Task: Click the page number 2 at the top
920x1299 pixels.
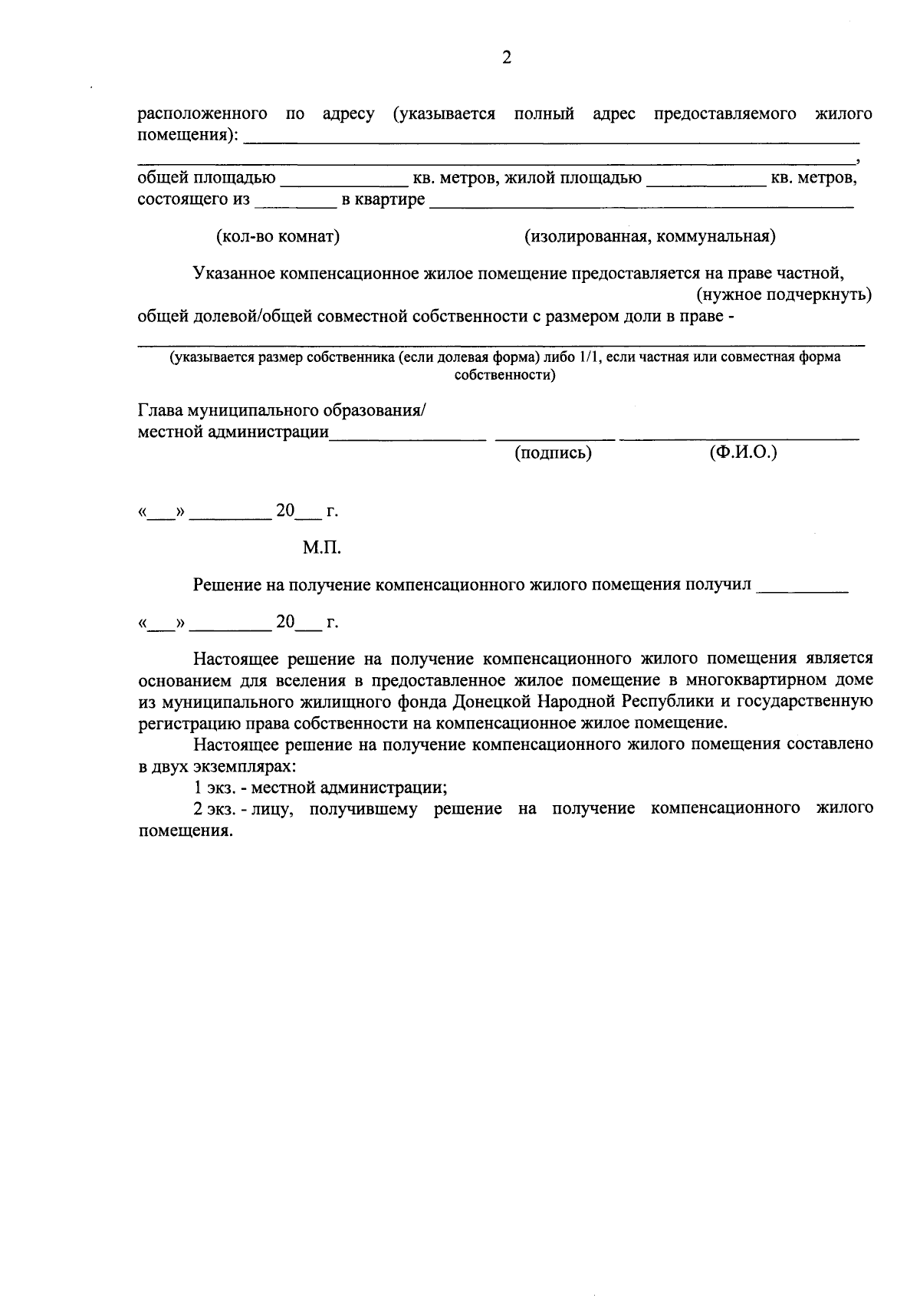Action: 506,58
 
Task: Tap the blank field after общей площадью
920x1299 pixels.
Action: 343,181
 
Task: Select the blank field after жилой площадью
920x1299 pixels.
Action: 705,181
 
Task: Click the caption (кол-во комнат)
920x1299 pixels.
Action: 278,236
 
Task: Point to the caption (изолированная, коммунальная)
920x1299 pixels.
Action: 649,236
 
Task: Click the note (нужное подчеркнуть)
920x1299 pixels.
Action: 784,294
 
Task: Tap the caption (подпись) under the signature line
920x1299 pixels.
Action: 553,452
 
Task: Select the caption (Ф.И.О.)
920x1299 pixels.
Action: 743,452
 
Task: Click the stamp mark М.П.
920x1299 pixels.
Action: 321,548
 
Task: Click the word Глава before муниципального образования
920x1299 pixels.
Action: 159,410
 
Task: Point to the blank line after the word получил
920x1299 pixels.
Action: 802,587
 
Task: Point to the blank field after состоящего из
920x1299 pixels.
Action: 295,202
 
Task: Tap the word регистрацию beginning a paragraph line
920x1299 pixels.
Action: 184,722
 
